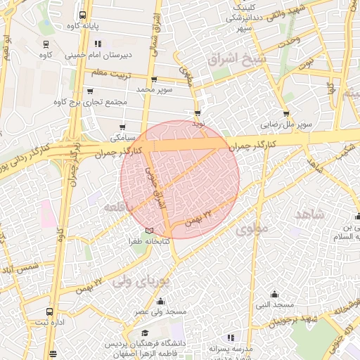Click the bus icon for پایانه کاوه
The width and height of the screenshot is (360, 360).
83,15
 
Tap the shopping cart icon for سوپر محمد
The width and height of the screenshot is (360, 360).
154,79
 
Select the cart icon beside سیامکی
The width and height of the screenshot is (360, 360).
123,127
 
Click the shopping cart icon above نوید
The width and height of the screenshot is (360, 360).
198,112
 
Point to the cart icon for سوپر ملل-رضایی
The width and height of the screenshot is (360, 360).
285,113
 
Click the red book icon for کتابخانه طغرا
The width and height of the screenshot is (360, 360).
148,231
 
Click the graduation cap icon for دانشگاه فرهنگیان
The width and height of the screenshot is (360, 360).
146,333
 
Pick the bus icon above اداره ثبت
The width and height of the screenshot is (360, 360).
49,311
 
